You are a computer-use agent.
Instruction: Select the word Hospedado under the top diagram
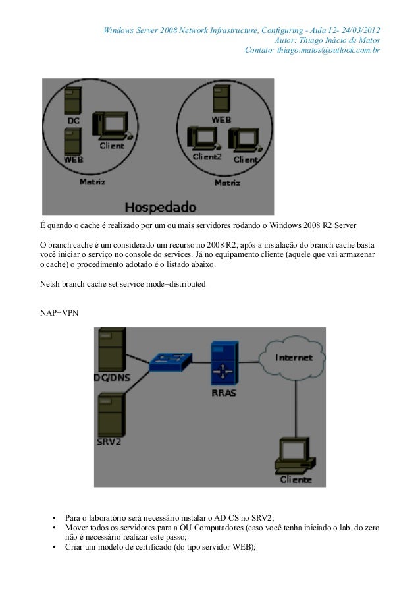pyautogui.click(x=160, y=206)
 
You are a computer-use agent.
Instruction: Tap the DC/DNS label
pyautogui.click(x=115, y=378)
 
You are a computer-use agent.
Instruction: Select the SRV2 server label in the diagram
pyautogui.click(x=109, y=441)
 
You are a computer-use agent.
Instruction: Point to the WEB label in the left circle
pyautogui.click(x=73, y=159)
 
